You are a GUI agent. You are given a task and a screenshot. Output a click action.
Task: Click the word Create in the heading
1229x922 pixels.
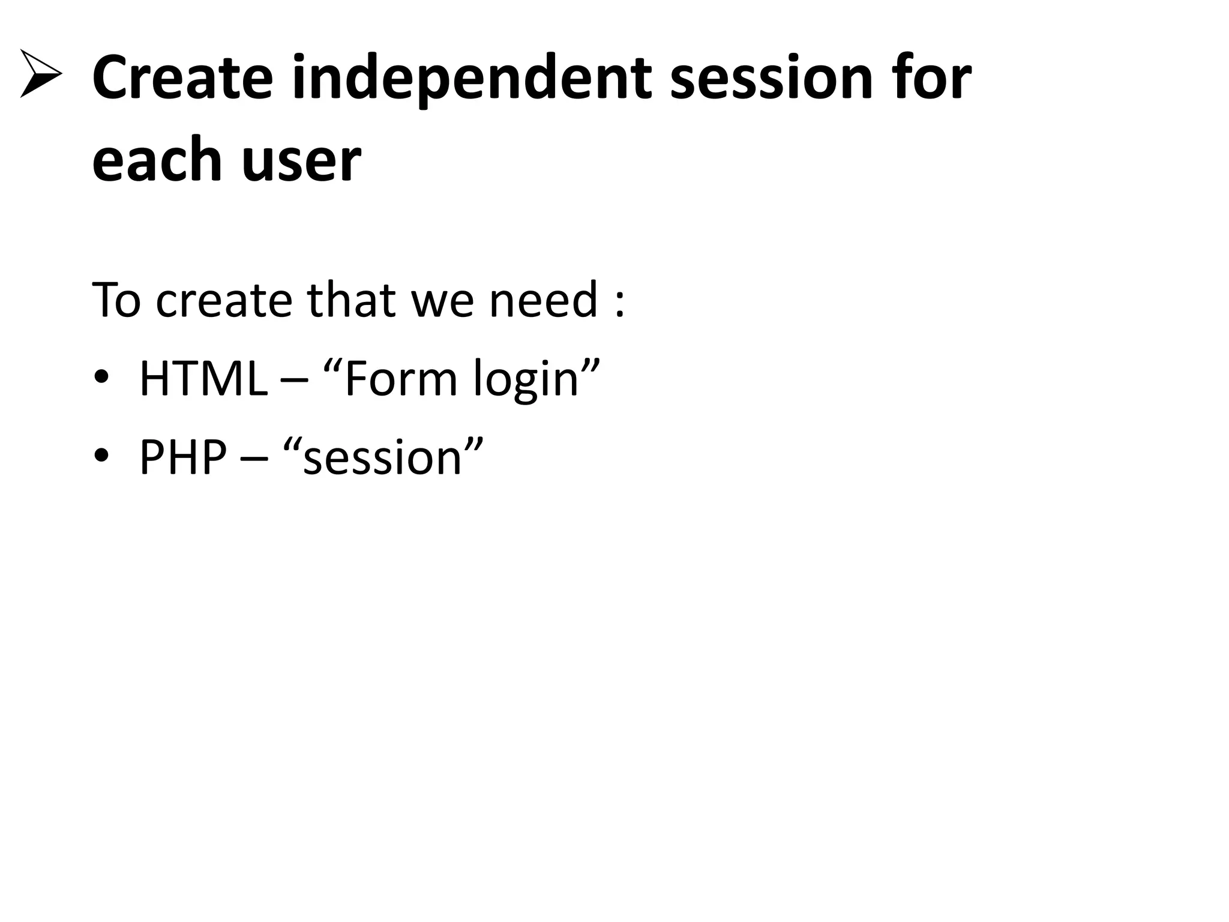click(x=182, y=78)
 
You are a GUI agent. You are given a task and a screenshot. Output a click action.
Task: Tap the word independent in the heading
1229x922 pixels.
click(x=472, y=78)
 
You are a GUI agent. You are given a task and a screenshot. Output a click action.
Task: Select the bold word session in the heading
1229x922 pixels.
click(x=771, y=78)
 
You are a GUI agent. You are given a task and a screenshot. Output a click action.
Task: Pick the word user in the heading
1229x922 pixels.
click(x=301, y=161)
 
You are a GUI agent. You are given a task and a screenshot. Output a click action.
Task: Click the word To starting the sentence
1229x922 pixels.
click(x=116, y=300)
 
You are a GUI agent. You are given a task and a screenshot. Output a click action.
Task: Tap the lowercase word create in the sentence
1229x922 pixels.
click(x=223, y=300)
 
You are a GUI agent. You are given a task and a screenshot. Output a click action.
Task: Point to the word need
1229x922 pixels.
click(x=543, y=300)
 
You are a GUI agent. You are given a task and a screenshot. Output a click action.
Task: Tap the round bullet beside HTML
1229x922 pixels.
click(x=101, y=378)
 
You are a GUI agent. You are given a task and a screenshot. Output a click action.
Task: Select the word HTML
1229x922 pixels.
click(x=203, y=379)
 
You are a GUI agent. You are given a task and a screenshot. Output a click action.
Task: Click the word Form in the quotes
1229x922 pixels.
click(x=400, y=379)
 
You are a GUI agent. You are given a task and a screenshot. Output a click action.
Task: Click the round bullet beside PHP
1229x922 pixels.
click(x=101, y=456)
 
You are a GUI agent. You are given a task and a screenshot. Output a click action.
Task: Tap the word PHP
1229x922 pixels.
click(x=183, y=457)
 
